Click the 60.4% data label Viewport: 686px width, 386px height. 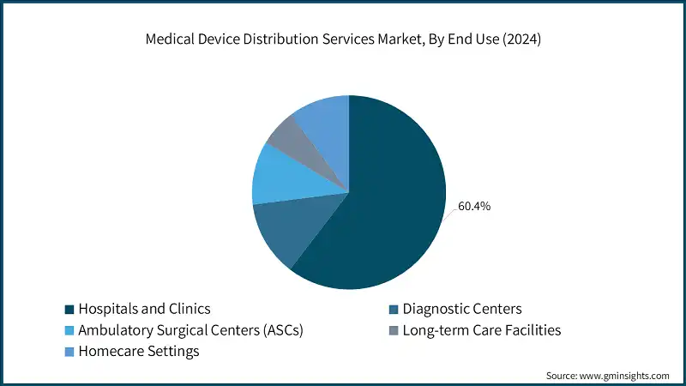[474, 207]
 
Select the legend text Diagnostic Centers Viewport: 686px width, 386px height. [462, 308]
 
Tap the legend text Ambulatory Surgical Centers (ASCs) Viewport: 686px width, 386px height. [190, 329]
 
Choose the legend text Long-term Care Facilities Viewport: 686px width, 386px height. [483, 329]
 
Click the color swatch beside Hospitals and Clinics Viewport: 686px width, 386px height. [69, 309]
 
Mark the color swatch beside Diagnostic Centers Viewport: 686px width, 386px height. [393, 309]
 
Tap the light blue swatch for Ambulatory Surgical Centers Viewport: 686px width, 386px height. [69, 330]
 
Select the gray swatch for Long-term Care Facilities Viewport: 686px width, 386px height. [393, 330]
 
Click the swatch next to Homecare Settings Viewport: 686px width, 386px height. [69, 352]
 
